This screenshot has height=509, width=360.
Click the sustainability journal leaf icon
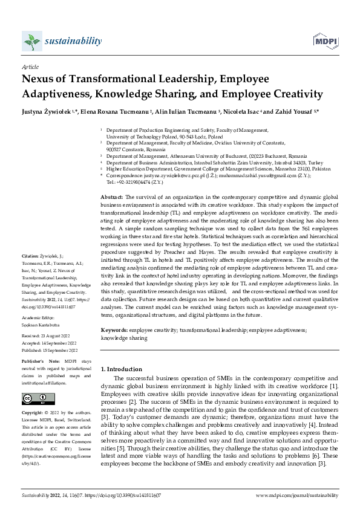(31, 41)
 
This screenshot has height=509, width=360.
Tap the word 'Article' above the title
(30, 67)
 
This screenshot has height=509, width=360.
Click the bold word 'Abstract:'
(111, 181)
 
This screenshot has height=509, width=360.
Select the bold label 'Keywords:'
(114, 331)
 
